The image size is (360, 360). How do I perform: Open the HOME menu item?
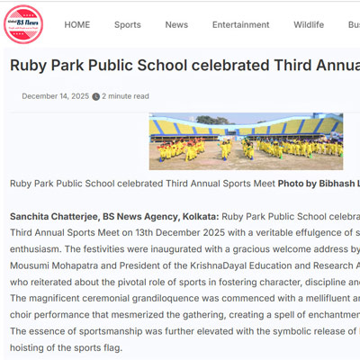click(x=77, y=25)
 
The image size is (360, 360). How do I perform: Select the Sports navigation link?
click(x=128, y=25)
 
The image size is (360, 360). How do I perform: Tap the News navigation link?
click(x=176, y=25)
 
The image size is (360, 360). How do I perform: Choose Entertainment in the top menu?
click(x=240, y=25)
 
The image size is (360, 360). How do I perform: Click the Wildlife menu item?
click(x=309, y=25)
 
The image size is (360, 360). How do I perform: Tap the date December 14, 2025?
click(x=55, y=96)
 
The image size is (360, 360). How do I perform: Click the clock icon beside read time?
click(x=96, y=96)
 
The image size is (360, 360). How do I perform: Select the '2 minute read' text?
click(x=126, y=96)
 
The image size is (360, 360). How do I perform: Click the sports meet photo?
click(x=246, y=141)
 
